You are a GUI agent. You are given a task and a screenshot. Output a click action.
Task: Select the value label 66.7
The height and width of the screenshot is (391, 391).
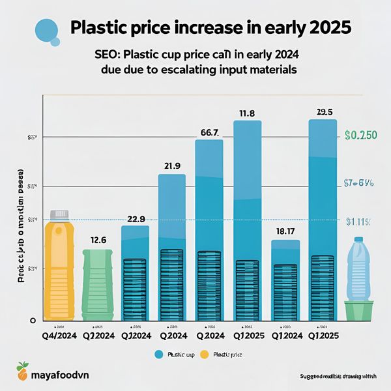[209, 132]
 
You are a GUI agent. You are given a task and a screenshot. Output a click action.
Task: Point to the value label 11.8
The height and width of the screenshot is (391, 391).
[247, 113]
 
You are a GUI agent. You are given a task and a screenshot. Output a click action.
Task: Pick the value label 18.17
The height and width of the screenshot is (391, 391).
[285, 232]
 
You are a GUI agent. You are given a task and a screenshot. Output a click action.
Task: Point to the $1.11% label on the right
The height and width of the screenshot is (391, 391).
[358, 222]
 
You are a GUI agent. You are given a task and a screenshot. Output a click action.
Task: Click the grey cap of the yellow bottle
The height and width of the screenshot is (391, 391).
[59, 214]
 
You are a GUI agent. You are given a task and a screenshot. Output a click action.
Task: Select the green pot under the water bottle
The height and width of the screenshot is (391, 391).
[358, 311]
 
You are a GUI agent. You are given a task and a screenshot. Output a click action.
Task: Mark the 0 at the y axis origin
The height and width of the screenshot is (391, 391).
[33, 321]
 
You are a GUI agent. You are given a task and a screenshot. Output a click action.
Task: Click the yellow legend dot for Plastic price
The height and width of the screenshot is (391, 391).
[204, 355]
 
